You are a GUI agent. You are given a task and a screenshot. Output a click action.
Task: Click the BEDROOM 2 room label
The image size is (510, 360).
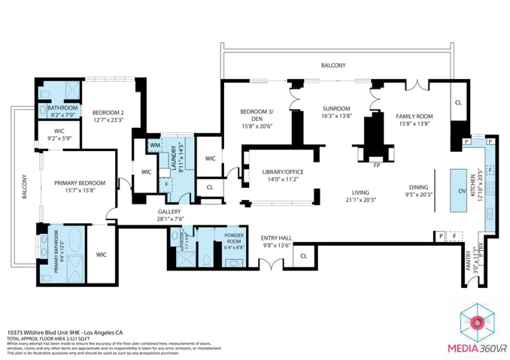[108, 113]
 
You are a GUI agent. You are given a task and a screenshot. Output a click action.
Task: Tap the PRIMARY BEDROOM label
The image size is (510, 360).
[79, 183]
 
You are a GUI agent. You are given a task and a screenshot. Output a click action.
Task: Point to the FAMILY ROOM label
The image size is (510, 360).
[414, 116]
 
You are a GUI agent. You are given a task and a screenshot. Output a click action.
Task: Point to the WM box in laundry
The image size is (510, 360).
[155, 144]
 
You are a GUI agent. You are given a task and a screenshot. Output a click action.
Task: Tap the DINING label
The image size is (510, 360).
[418, 187]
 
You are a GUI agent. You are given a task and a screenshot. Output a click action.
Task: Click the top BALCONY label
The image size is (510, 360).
[333, 65]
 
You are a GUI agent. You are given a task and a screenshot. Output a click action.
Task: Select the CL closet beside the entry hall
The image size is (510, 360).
[303, 256]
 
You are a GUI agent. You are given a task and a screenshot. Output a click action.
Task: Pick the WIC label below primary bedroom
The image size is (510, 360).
[102, 255]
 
